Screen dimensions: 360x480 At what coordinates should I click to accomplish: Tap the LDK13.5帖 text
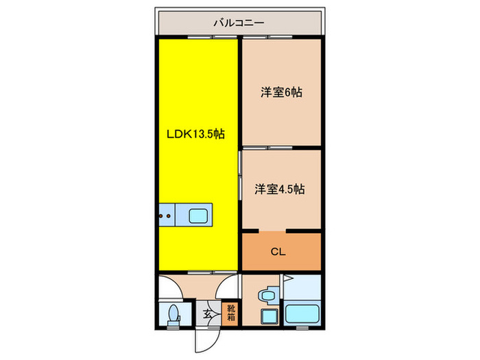(195, 134)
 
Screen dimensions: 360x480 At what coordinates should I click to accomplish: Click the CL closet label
(277, 252)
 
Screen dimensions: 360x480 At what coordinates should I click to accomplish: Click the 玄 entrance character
(207, 314)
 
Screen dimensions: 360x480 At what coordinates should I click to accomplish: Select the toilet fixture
(173, 315)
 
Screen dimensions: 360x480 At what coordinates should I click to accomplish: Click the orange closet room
(281, 262)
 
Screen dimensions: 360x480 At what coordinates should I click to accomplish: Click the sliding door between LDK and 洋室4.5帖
(240, 175)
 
